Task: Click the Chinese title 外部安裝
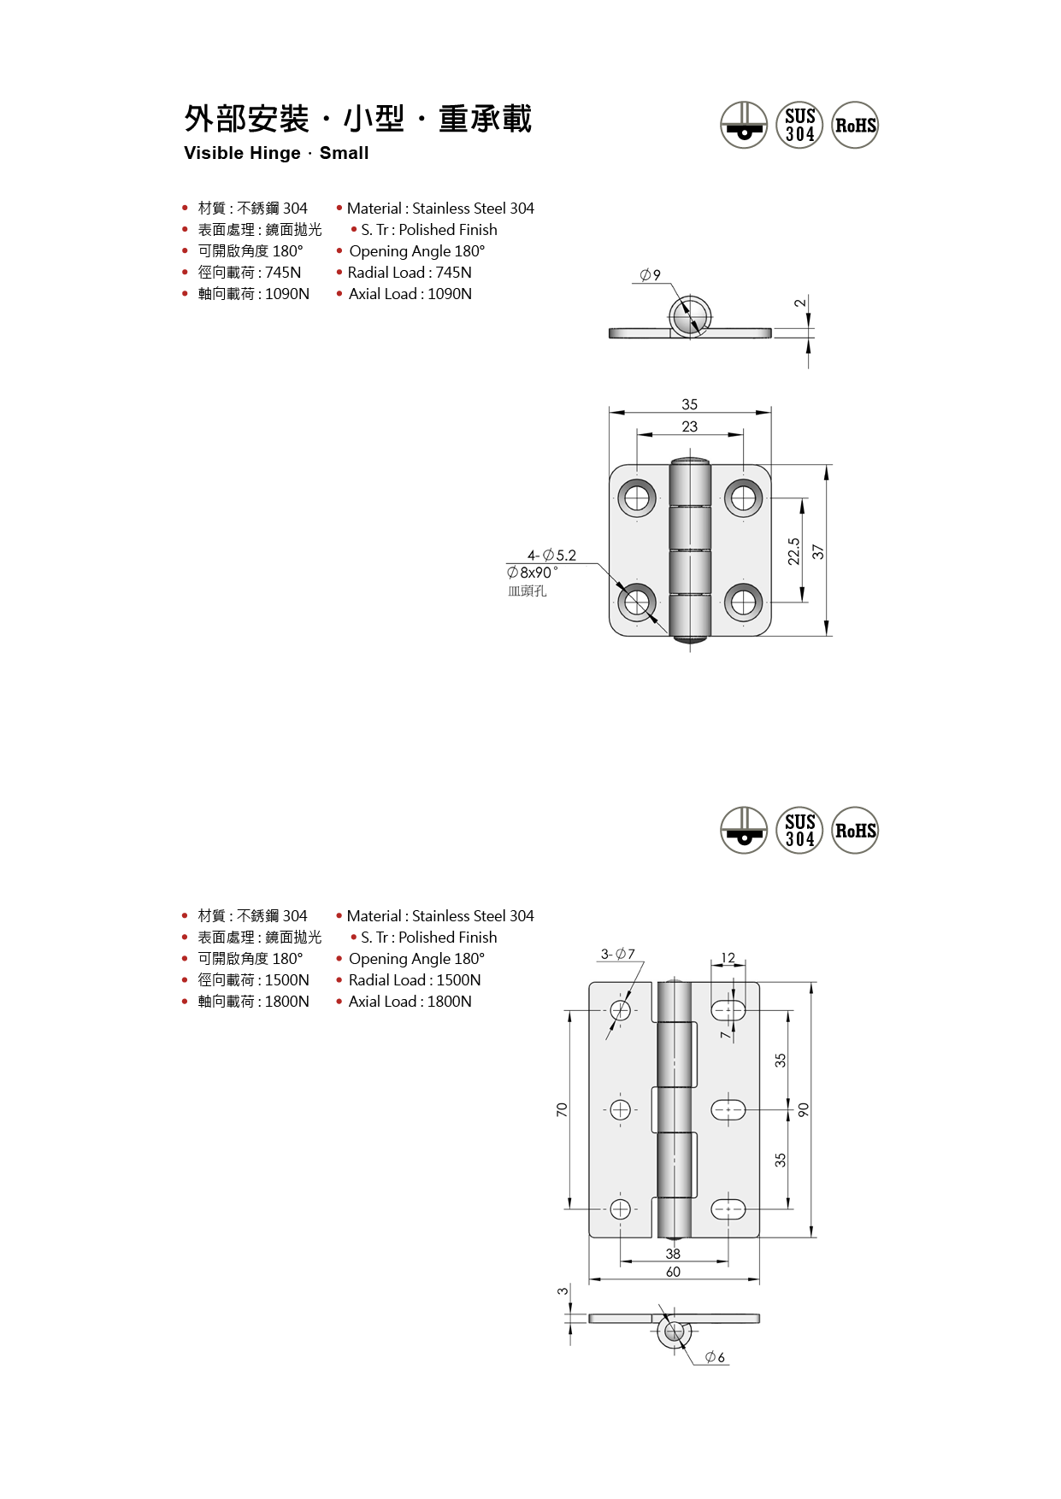point(247,119)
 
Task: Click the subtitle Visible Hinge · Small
point(276,153)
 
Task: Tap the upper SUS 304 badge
point(799,125)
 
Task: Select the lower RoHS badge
point(855,830)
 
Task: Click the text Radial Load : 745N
point(410,273)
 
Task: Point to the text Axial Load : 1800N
point(410,1002)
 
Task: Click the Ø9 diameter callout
point(651,275)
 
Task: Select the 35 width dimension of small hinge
point(690,404)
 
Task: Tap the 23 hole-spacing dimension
point(690,426)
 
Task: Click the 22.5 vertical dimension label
point(794,551)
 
